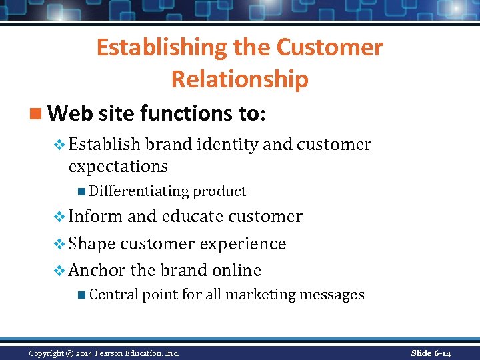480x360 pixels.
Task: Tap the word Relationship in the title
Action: tap(240, 79)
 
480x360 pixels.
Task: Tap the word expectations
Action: tap(118, 166)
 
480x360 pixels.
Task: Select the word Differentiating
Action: tap(139, 191)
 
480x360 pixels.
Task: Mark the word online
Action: tap(237, 270)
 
